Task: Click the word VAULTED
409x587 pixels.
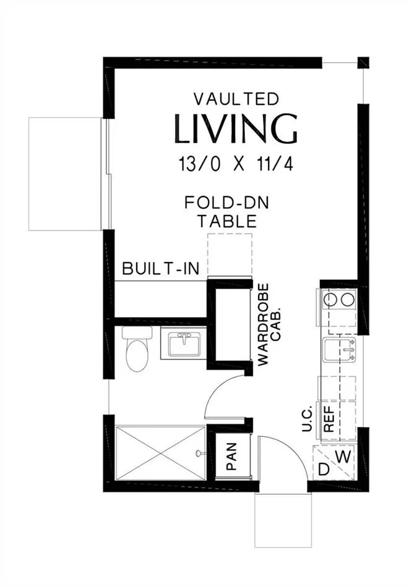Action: (236, 99)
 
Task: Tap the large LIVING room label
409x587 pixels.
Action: (236, 129)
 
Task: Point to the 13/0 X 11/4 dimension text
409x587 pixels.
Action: (236, 164)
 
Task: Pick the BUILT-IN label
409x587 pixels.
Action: (161, 268)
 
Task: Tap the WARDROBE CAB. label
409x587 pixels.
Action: (269, 324)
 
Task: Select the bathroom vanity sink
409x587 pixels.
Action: (184, 344)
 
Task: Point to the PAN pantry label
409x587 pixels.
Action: (231, 457)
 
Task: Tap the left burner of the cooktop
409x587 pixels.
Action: (331, 299)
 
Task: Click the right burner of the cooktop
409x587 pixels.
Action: (348, 299)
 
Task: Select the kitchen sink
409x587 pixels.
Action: (339, 350)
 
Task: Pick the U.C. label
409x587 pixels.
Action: (308, 418)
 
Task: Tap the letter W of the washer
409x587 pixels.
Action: (343, 457)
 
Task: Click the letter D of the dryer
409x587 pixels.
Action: (323, 470)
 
